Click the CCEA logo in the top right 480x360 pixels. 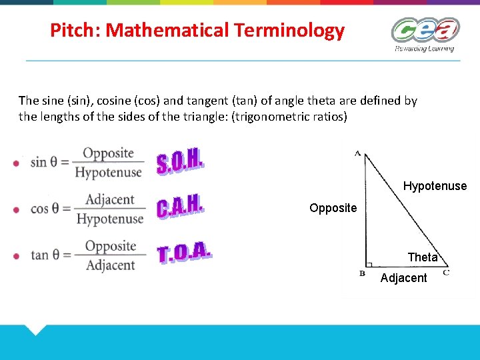(425, 33)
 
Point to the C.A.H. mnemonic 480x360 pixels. (179, 207)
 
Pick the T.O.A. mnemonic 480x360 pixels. (185, 253)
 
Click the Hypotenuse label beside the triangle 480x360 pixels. (435, 186)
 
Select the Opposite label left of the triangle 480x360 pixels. (333, 208)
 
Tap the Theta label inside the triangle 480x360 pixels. (423, 257)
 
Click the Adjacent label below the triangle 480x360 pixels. (403, 278)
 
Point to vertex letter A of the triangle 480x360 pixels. (358, 153)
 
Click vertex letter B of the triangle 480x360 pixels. (362, 273)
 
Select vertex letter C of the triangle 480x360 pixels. (445, 273)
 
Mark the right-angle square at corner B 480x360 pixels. (369, 264)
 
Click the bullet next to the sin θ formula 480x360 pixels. (17, 163)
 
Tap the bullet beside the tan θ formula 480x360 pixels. (17, 256)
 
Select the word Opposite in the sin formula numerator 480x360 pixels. (109, 153)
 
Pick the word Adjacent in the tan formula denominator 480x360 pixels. (110, 265)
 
